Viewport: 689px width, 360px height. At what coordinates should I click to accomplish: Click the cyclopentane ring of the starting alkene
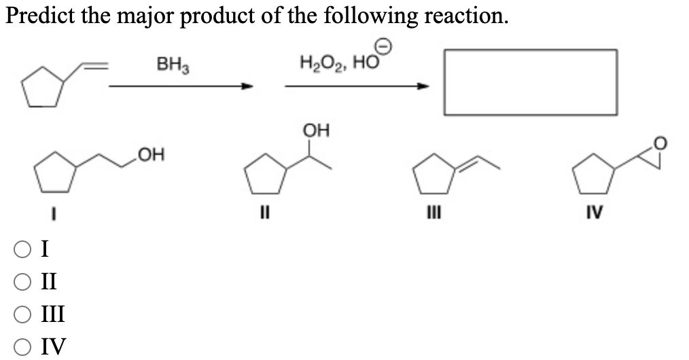click(x=46, y=88)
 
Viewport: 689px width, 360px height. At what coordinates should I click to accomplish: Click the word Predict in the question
click(x=40, y=15)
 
